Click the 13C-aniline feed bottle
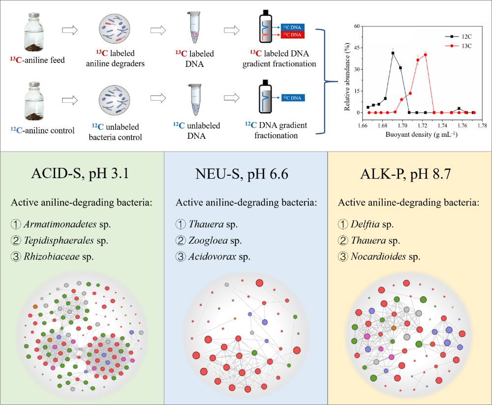pos(34,32)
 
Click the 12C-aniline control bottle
pos(34,101)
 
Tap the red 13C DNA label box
pos(292,34)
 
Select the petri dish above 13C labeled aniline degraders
pos(115,29)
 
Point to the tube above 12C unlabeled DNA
pos(195,100)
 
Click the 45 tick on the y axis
pos(357,48)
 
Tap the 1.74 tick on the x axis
pos(442,125)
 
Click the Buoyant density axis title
pos(422,134)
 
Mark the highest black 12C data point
pos(393,53)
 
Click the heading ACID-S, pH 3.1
pos(80,174)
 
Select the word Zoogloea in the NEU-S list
pos(208,241)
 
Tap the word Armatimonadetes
pos(60,224)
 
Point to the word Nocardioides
pos(378,256)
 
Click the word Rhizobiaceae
pos(52,256)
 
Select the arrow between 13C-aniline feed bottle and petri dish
pos(70,30)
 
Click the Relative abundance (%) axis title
pos(347,77)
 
